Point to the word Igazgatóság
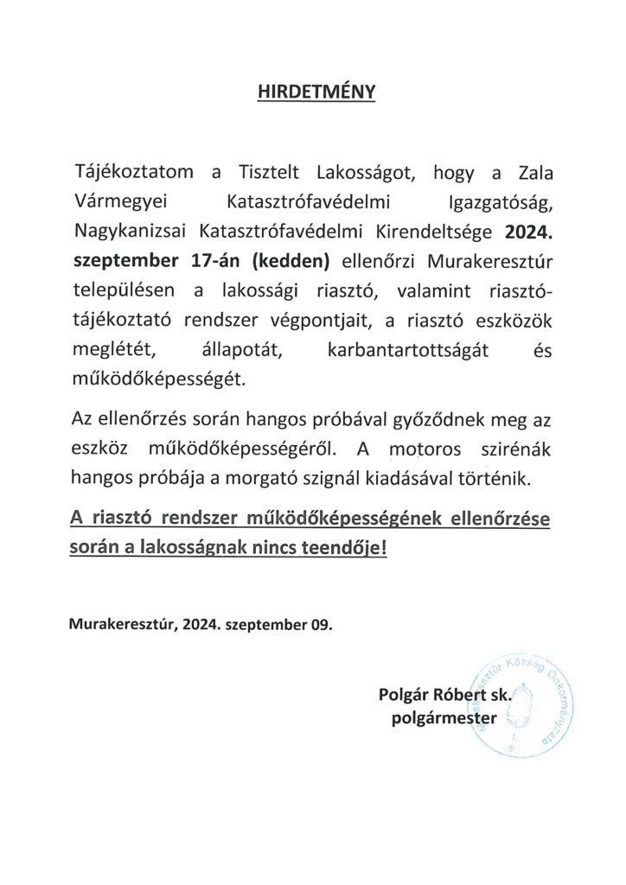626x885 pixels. pyautogui.click(x=495, y=204)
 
